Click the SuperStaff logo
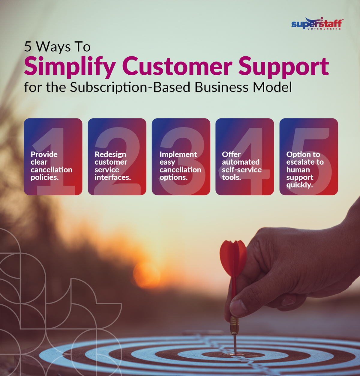pos(317,24)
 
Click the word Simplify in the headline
pos(70,67)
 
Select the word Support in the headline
pos(283,67)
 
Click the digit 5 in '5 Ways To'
pos(28,47)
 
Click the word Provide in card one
pos(44,154)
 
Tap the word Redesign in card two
pos(110,154)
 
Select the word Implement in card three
pos(178,154)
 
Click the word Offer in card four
pos(231,154)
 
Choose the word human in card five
pos(298,170)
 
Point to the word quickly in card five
pos(299,185)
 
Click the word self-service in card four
pos(242,170)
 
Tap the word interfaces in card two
pos(112,178)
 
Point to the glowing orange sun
pos(146,274)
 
